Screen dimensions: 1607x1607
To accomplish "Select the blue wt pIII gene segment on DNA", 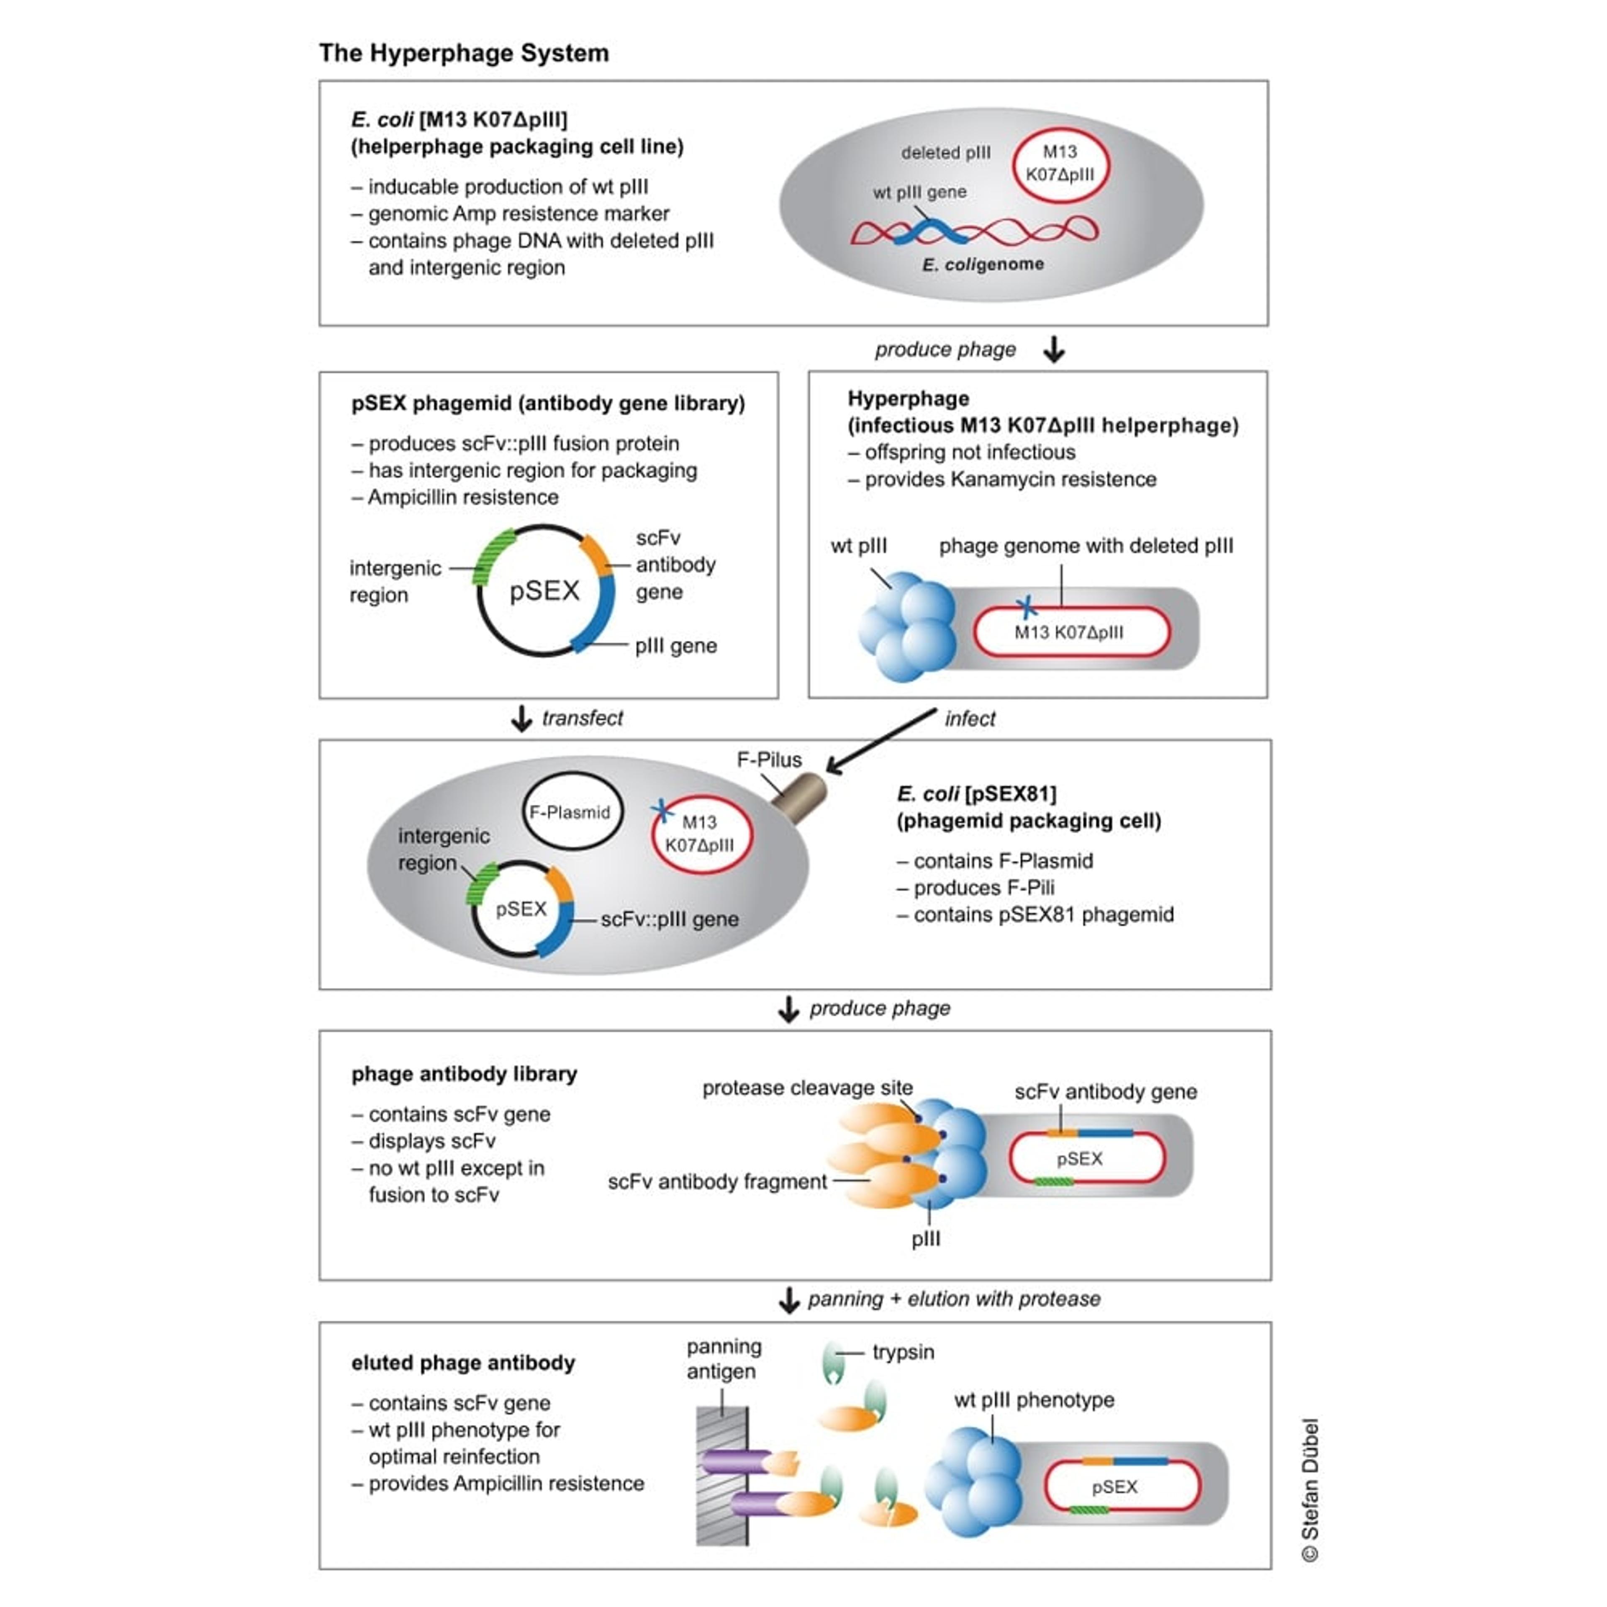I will [x=932, y=231].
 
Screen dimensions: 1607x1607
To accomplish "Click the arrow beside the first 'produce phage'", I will [x=1054, y=349].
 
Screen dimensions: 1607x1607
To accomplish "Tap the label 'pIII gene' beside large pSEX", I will [x=675, y=646].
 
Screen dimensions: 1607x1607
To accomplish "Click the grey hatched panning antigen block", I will [x=722, y=1476].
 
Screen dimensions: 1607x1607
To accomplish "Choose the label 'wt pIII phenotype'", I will [x=1034, y=1400].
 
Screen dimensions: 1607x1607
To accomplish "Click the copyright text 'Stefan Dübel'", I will [x=1310, y=1489].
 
